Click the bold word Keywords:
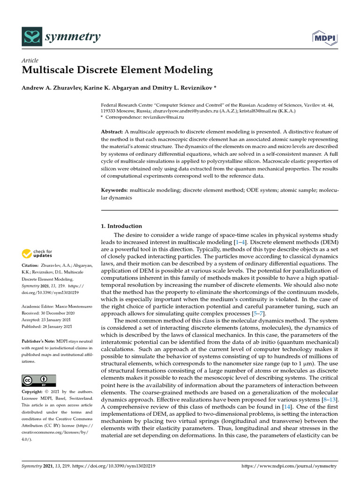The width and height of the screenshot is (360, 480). (115, 190)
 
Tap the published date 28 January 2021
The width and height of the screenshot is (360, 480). (61, 326)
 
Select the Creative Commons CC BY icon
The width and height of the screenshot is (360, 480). (39, 380)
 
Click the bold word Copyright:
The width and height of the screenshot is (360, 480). (33, 391)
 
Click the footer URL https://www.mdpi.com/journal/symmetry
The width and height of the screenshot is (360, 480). (289, 466)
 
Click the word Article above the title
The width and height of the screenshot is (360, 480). (30, 60)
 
